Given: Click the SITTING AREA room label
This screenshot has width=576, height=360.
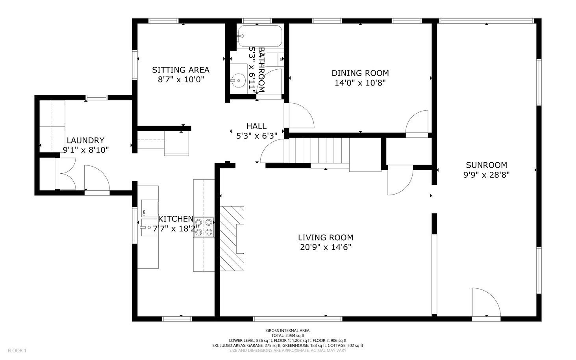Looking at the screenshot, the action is pos(180,70).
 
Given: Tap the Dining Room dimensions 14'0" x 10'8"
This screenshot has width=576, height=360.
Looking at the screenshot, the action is pos(360,83).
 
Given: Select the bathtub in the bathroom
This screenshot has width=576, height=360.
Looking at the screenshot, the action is pos(259,36).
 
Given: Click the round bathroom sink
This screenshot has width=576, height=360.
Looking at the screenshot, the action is pos(238,80).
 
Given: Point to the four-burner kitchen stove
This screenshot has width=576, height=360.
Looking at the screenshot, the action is pos(204,227).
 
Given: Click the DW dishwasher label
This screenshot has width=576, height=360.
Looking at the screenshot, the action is pos(144,213).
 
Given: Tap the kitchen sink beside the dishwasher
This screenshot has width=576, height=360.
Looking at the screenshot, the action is pos(149,227).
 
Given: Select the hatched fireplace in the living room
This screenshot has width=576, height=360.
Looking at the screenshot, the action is pos(232,238).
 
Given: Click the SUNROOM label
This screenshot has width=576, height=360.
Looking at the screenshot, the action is pos(487,165).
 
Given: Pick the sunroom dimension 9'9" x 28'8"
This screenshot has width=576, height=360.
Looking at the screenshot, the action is pos(487,175).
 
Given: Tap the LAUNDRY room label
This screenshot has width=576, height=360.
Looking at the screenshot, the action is pos(85,140).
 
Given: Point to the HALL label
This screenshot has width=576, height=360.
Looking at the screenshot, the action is pos(256,126).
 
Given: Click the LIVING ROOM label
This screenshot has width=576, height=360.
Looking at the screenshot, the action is pos(326,237).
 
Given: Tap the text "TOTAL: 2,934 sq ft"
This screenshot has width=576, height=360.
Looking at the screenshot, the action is pos(288,335).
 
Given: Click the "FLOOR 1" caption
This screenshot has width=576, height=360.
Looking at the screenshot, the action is pos(17,351).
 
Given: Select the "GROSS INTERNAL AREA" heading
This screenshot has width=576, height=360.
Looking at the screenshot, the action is pos(288,330).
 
